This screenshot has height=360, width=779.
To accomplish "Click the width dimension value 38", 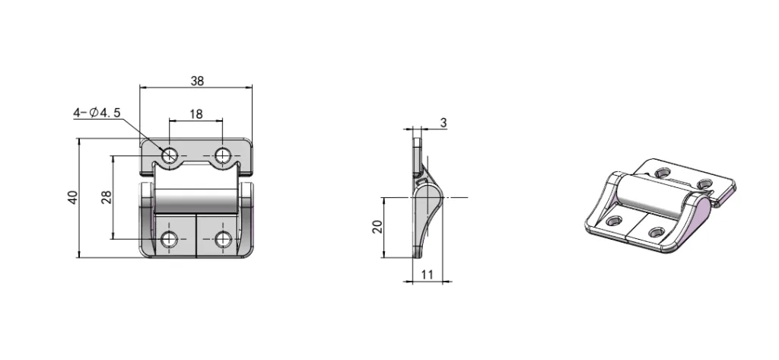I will tap(196, 80).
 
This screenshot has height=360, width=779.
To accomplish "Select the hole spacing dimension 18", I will tap(196, 114).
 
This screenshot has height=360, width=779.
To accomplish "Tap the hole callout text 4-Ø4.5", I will tap(97, 113).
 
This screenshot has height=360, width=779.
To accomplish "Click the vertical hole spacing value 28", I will tap(107, 196).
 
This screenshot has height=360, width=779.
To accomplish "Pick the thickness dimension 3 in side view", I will tap(444, 122).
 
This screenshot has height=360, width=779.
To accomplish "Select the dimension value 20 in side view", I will tap(377, 228).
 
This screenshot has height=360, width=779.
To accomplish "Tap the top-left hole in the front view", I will tap(170, 156).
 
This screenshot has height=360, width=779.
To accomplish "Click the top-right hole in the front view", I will tap(222, 156).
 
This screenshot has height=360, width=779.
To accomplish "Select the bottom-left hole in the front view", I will tap(170, 240).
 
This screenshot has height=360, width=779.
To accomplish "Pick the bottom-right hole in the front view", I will tap(222, 240).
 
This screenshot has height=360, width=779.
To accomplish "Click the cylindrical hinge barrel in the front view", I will tap(196, 202).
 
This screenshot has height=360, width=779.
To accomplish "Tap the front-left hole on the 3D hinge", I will tap(614, 222).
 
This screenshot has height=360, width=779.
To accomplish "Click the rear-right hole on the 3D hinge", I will tap(704, 183).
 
